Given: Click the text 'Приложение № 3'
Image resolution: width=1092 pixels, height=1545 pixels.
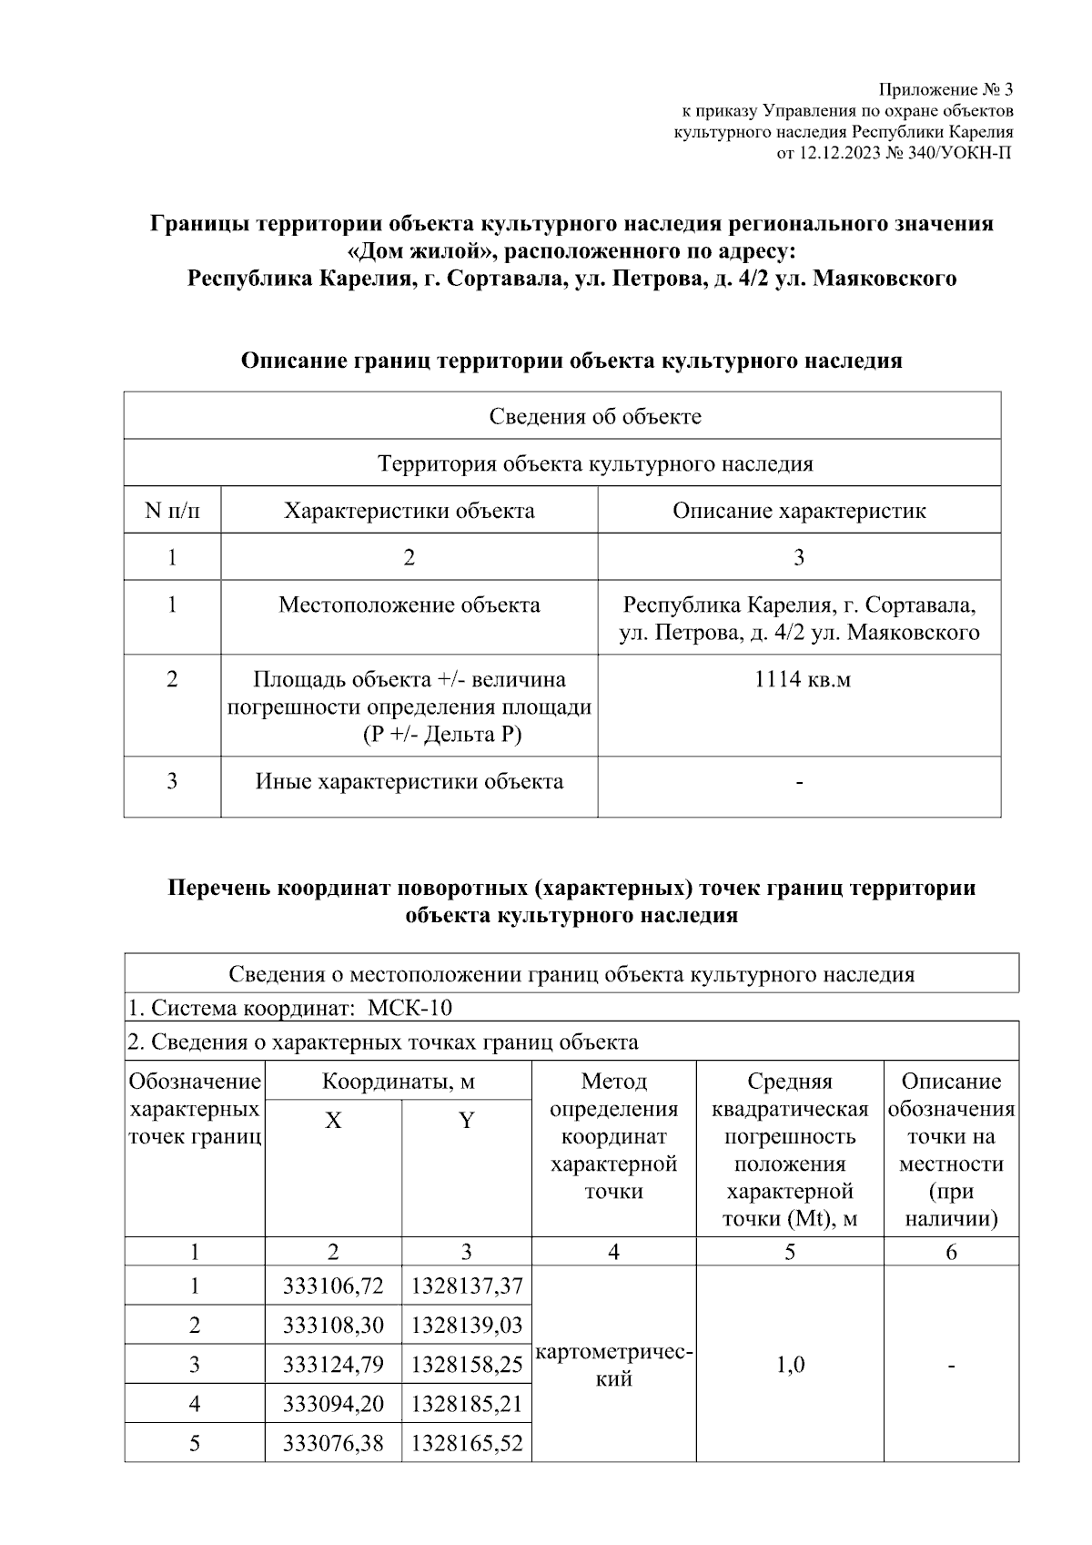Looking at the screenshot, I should click(945, 90).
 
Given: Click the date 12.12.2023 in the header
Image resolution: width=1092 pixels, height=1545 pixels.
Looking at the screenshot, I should click(839, 153).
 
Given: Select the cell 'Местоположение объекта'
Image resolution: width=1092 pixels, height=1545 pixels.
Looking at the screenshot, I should click(409, 605).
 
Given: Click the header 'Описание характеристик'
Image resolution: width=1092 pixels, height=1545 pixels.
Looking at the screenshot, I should click(798, 511).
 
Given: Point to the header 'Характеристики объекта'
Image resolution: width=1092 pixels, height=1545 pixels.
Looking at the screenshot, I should click(409, 511).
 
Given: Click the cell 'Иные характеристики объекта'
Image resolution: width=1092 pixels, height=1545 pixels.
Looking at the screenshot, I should click(409, 781).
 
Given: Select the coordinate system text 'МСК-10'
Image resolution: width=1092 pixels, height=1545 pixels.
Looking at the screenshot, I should click(409, 1008).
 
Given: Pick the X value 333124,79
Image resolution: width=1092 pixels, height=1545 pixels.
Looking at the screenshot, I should click(333, 1365).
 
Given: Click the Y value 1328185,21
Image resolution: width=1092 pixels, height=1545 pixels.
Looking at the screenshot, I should click(467, 1404).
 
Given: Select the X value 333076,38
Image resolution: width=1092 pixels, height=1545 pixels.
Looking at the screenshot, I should click(333, 1443).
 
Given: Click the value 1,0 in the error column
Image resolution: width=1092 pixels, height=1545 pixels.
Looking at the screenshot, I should click(790, 1365).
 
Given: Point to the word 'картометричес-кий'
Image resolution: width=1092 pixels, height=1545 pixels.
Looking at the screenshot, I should click(614, 1366).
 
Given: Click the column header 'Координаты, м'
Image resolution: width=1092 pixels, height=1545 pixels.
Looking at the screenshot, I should click(398, 1082).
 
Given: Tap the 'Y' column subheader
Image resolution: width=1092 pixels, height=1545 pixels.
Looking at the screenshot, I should click(466, 1121).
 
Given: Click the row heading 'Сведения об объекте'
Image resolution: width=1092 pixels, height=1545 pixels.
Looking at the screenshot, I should click(595, 416).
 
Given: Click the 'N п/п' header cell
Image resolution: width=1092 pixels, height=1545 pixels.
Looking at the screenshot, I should click(172, 511).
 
